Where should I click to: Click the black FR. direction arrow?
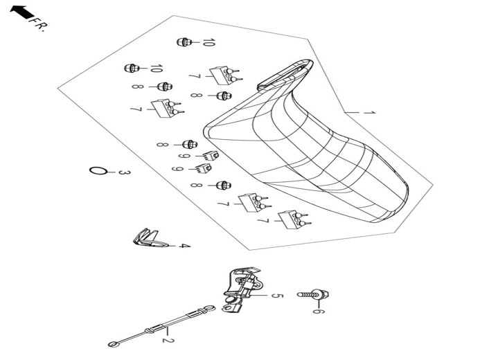pyautogui.click(x=21, y=12)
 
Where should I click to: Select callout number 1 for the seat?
pyautogui.click(x=369, y=113)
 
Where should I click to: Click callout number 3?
pyautogui.click(x=124, y=172)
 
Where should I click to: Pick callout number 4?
pyautogui.click(x=185, y=246)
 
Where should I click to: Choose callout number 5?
pyautogui.click(x=276, y=295)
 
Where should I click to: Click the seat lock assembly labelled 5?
pyautogui.click(x=242, y=288)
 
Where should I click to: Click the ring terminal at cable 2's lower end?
pyautogui.click(x=114, y=344)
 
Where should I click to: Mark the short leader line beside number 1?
pyautogui.click(x=352, y=112)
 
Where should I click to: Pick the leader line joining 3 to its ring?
pyautogui.click(x=112, y=172)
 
